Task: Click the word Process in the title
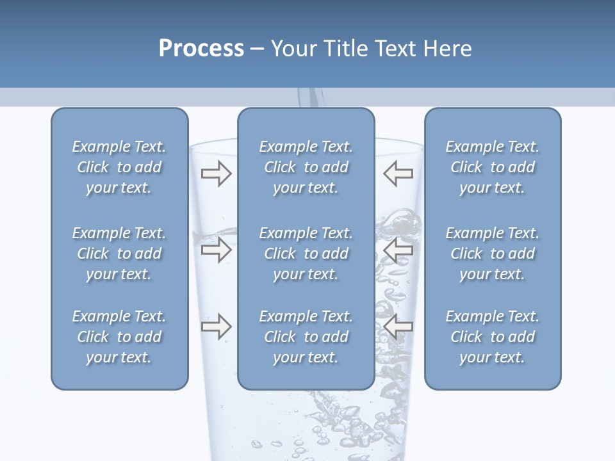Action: coord(201,49)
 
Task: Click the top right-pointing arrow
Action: coord(216,174)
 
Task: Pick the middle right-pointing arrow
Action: coord(216,250)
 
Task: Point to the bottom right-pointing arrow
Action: coord(216,327)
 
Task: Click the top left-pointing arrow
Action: coord(398,174)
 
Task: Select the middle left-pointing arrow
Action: coord(398,250)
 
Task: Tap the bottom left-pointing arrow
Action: coord(398,327)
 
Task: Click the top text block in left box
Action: coord(119,167)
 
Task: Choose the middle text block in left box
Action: coord(119,254)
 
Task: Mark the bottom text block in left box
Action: coord(119,337)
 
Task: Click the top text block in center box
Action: coord(306,167)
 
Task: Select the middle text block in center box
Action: coord(306,254)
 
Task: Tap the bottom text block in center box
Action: coord(306,337)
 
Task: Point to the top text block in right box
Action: coord(492,167)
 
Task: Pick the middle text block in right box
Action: coord(492,254)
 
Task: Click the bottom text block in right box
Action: coord(492,337)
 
